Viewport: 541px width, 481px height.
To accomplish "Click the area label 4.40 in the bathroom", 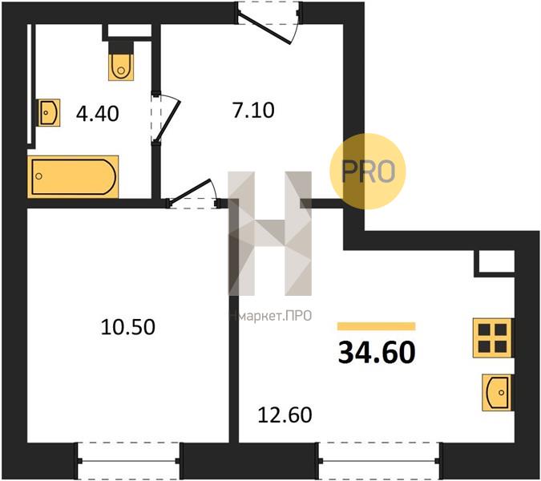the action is (x=98, y=114).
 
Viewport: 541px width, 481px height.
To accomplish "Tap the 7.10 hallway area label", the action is (x=253, y=111).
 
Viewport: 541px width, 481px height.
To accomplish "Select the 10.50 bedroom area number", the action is (x=128, y=327).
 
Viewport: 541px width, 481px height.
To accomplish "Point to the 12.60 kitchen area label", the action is (x=285, y=415).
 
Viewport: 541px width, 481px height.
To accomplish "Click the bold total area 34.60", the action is (x=377, y=353).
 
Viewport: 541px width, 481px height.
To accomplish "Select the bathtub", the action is (x=73, y=177).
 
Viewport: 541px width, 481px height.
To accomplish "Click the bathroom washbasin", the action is (x=49, y=112).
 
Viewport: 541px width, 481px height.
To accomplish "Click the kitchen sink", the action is (x=497, y=392).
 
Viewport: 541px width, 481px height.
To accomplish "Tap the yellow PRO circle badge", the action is (x=367, y=172).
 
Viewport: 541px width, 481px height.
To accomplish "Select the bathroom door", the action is (x=166, y=118).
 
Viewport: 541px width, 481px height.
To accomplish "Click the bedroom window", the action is (x=128, y=461).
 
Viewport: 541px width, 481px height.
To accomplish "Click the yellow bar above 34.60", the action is (x=377, y=326).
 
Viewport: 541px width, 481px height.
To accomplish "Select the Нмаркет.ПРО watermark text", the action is (x=271, y=316).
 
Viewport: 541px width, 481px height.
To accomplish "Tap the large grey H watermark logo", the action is (x=270, y=233).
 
